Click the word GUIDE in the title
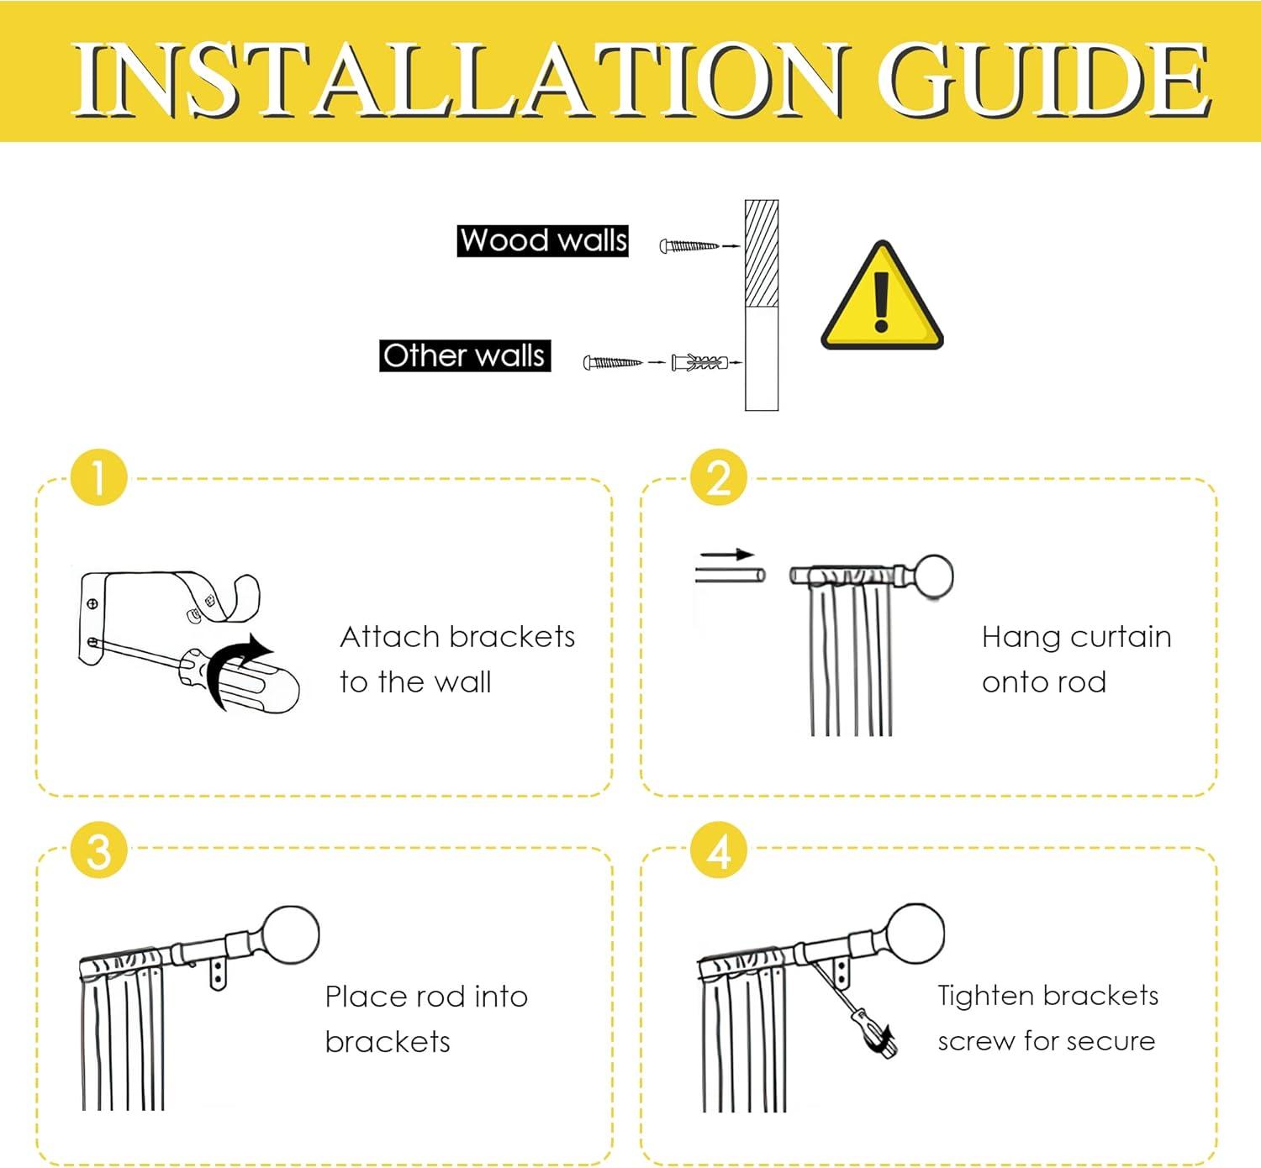pos(1044,80)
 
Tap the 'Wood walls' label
pos(543,240)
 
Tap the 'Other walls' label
pos(465,355)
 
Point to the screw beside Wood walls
pos(689,245)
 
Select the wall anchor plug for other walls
pos(699,363)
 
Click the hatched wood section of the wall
pos(762,254)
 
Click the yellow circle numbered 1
pos(99,477)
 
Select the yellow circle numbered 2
pos(719,477)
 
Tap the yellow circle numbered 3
pos(99,850)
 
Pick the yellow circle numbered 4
pos(719,850)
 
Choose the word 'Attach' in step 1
pos(383,637)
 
